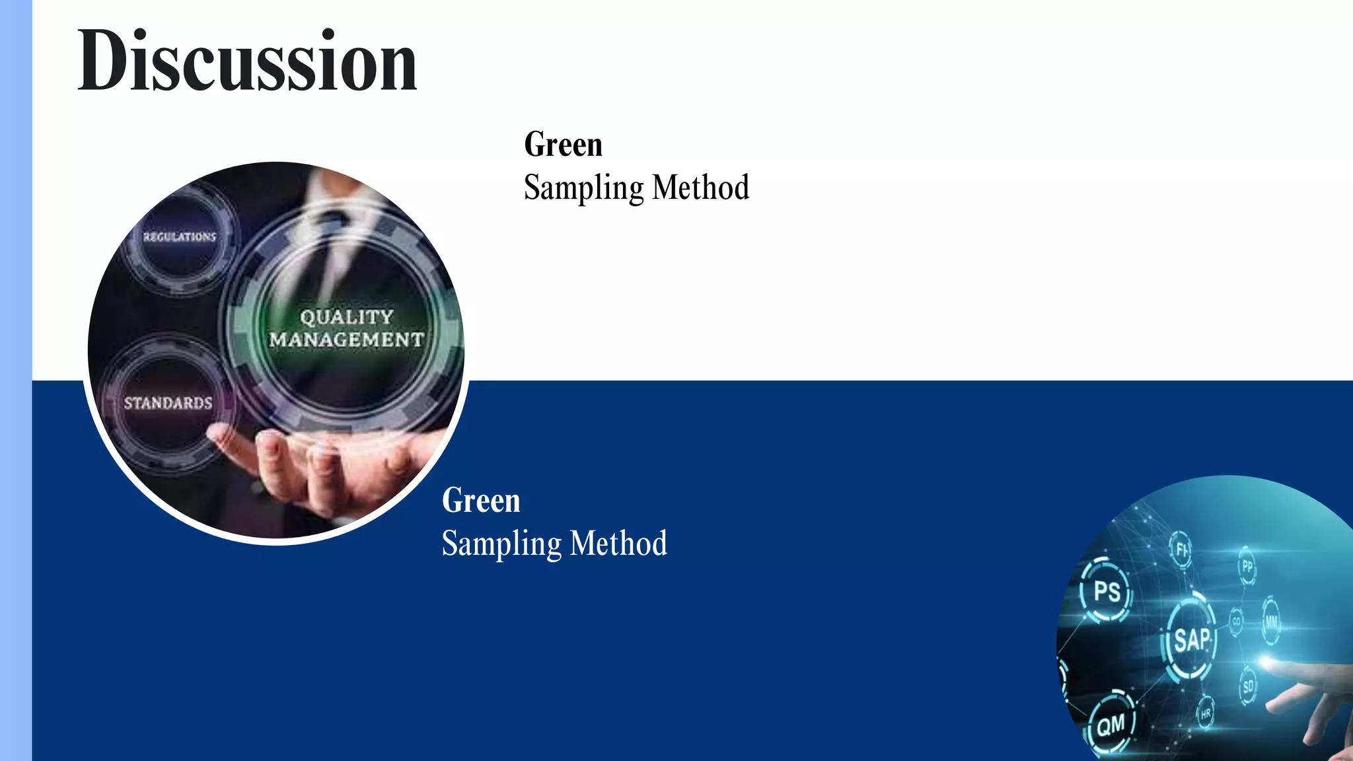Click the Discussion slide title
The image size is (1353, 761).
click(247, 61)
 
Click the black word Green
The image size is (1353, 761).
click(563, 145)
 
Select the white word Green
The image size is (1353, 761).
click(481, 501)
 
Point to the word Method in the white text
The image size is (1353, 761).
click(618, 544)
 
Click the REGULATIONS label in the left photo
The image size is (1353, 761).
click(180, 236)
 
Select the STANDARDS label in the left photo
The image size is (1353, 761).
click(168, 403)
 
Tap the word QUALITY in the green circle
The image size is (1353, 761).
click(347, 317)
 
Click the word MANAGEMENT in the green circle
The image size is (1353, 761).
click(347, 340)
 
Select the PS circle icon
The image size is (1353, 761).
click(1107, 591)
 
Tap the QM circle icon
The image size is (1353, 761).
click(1111, 725)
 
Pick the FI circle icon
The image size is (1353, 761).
click(1181, 549)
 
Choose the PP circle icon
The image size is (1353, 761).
click(1247, 566)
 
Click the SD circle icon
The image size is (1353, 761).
click(1248, 687)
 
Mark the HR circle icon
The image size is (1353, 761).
click(1206, 714)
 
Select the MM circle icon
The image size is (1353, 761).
click(1271, 622)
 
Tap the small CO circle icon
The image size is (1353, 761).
click(1236, 622)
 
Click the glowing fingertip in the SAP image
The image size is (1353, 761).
click(1266, 661)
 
